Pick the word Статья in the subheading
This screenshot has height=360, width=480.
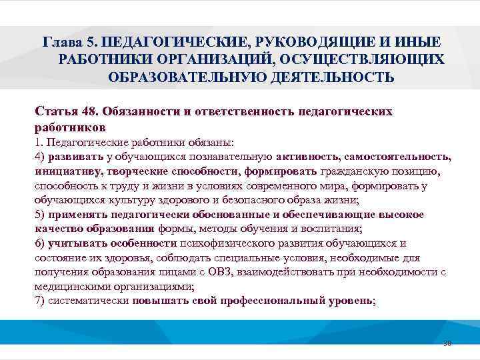tap(56, 111)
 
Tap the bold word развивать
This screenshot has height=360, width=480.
tap(75, 157)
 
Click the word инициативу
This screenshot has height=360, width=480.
tap(65, 171)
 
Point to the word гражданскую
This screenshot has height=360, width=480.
tap(357, 171)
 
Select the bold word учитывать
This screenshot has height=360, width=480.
tap(74, 243)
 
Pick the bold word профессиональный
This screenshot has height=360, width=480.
tap(278, 300)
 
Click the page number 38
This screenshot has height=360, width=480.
tap(447, 344)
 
